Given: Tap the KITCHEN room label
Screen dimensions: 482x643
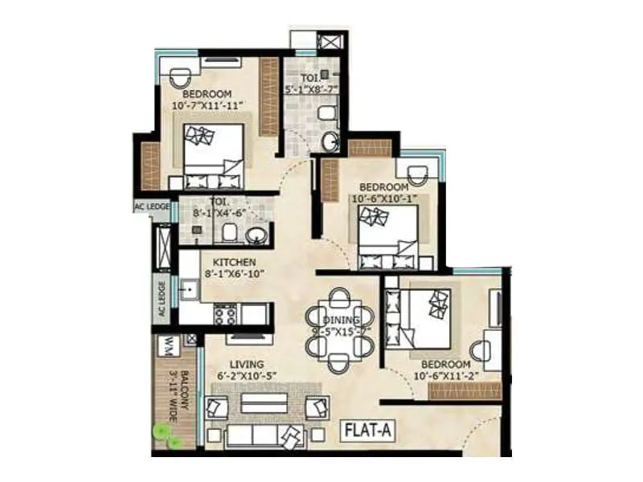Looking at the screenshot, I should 234,262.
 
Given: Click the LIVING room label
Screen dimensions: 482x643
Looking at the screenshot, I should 247,364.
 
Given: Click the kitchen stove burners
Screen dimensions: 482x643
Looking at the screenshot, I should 224,313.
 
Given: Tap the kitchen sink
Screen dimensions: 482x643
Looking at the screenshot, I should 190,288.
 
